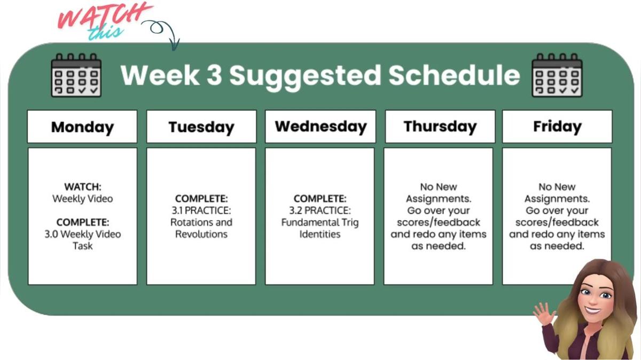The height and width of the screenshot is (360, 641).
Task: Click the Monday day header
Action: (82, 127)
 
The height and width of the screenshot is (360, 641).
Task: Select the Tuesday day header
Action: (201, 127)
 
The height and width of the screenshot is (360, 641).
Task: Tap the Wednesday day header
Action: (320, 127)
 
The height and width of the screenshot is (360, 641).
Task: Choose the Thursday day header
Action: (440, 127)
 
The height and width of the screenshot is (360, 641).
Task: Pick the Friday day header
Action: (557, 127)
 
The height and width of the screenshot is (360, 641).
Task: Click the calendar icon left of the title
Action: (76, 75)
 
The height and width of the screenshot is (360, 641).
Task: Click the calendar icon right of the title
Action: (557, 75)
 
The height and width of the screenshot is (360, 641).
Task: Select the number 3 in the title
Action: (213, 75)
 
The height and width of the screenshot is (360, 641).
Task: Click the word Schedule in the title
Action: (454, 75)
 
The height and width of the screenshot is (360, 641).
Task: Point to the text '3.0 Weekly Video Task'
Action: (82, 240)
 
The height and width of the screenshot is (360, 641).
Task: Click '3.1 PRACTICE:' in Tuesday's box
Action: (201, 210)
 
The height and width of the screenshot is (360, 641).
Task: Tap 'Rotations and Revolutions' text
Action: (201, 228)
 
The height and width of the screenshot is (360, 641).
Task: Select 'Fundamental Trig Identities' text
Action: (320, 228)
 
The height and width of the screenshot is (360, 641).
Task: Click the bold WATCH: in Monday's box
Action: (82, 187)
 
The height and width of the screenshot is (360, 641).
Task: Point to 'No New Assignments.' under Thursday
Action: (439, 193)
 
